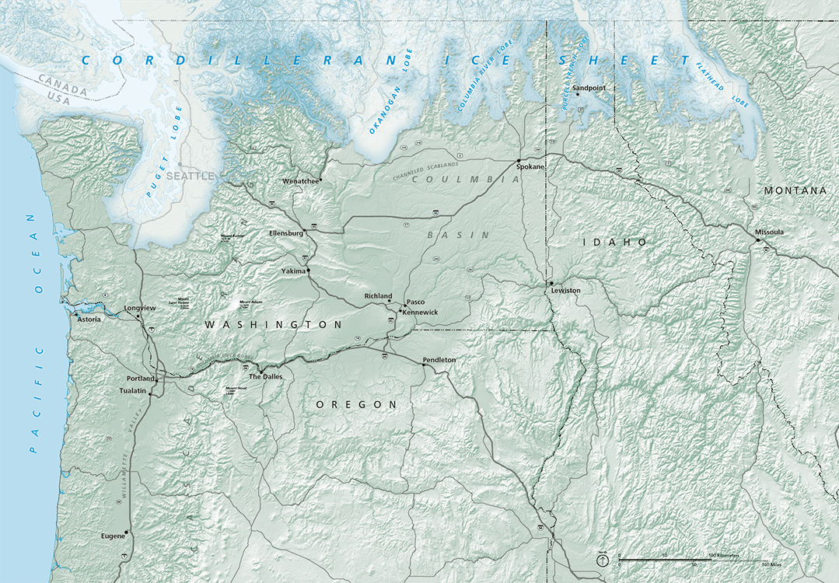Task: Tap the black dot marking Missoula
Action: click(x=757, y=240)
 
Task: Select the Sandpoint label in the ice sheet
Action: click(x=588, y=89)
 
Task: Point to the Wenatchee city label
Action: click(x=301, y=181)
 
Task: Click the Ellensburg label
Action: click(x=285, y=232)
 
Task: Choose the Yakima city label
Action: click(x=293, y=271)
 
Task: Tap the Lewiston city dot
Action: click(x=551, y=283)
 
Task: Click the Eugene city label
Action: click(x=112, y=536)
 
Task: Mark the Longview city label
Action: click(x=140, y=308)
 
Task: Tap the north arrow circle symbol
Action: click(x=603, y=560)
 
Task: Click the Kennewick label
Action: click(x=421, y=312)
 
